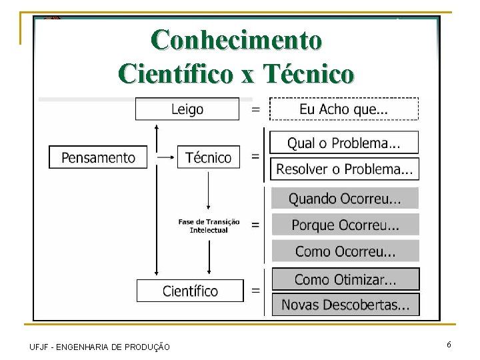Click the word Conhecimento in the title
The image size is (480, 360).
click(237, 40)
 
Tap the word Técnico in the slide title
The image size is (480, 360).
click(308, 73)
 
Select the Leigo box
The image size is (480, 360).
click(187, 109)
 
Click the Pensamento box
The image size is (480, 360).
click(98, 157)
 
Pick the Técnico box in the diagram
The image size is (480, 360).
click(208, 157)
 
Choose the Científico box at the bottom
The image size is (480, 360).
click(190, 291)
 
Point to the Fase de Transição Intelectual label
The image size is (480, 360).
click(209, 226)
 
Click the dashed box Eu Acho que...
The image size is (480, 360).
click(344, 109)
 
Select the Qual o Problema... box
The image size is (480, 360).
click(344, 143)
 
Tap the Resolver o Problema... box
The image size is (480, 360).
click(344, 169)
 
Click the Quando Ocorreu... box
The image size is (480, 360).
click(345, 198)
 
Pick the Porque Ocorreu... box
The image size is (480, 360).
click(345, 225)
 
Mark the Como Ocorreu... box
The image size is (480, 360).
click(345, 251)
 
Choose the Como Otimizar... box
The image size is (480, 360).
click(345, 279)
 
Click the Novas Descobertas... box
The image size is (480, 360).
click(345, 305)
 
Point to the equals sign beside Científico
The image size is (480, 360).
click(255, 291)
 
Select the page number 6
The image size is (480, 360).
click(449, 345)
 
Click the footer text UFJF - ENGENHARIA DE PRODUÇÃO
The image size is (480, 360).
click(100, 347)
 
